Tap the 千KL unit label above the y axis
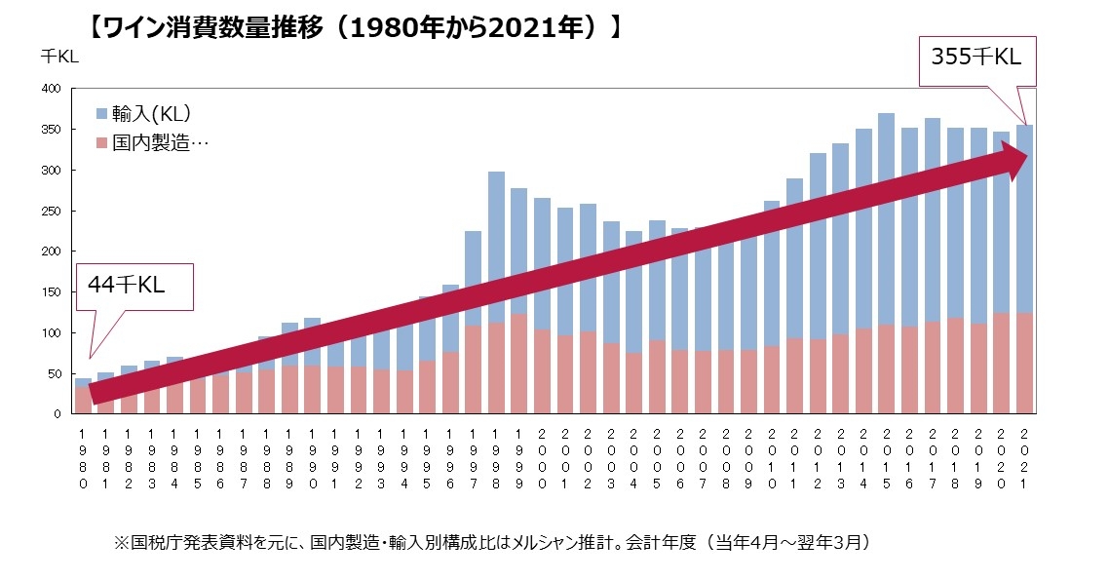(59, 56)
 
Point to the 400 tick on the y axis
(52, 89)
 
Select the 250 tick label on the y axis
(52, 211)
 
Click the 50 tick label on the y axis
(55, 373)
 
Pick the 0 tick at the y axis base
(58, 414)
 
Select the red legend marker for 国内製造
(101, 142)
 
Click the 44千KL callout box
(135, 286)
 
